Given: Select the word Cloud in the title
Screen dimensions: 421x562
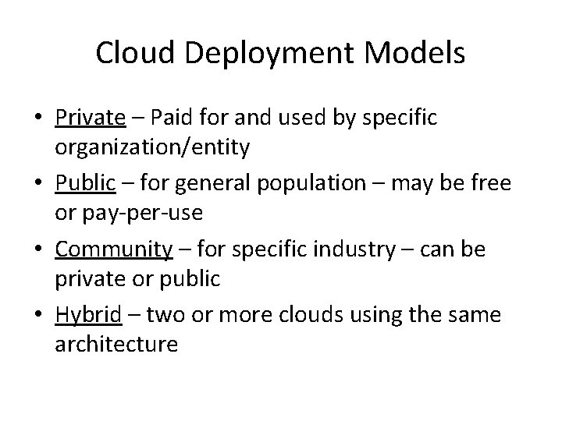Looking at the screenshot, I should click(130, 54).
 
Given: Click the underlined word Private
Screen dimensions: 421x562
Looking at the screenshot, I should click(91, 118).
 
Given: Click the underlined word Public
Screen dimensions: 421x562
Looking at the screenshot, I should click(85, 184).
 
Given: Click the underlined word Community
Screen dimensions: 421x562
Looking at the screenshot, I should click(114, 249).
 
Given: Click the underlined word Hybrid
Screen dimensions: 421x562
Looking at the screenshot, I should click(88, 316).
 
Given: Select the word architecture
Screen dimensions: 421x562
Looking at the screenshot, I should click(117, 344).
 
